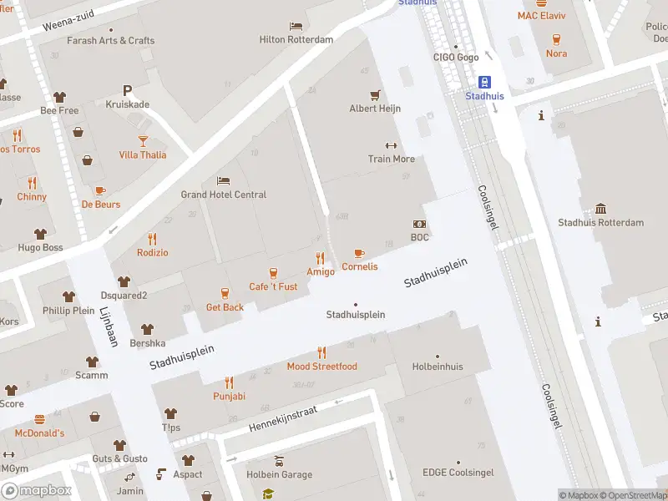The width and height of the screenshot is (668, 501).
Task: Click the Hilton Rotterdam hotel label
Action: (x=296, y=39)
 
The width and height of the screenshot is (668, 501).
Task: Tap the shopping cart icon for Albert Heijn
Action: (x=375, y=94)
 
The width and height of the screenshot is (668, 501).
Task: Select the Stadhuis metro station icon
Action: (x=484, y=82)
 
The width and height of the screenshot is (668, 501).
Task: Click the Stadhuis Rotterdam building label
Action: (x=600, y=223)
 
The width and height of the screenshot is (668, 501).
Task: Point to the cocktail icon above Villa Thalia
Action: (x=142, y=140)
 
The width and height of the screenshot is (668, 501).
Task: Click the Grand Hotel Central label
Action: (x=224, y=195)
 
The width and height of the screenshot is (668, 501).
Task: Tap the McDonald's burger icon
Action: (x=38, y=419)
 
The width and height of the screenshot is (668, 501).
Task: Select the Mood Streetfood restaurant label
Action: (x=321, y=367)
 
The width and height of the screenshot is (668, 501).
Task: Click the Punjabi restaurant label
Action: (x=229, y=396)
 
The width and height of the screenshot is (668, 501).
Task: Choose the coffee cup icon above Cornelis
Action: (x=359, y=253)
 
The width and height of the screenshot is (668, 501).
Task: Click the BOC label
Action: (x=419, y=237)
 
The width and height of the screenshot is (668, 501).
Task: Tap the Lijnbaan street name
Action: (x=109, y=326)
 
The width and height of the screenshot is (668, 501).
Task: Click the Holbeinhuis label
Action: (x=437, y=366)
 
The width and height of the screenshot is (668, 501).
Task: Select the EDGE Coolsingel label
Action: (x=458, y=473)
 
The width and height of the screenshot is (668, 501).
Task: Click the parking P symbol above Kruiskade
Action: (x=127, y=90)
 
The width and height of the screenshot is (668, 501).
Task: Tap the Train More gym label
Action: (x=391, y=159)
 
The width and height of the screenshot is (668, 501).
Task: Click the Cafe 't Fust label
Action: (x=273, y=286)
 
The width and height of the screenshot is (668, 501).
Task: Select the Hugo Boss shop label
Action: (x=40, y=248)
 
